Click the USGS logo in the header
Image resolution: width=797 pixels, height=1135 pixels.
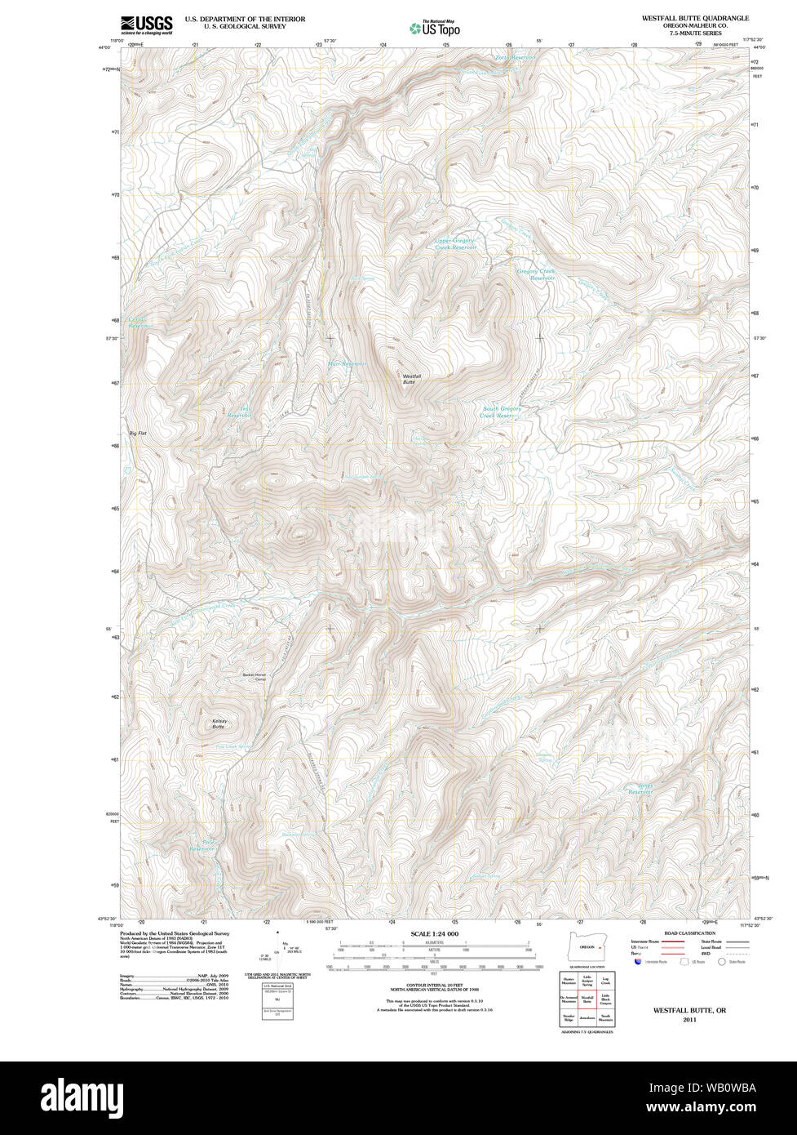pyautogui.click(x=147, y=24)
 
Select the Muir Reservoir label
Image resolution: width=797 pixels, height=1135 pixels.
pyautogui.click(x=348, y=363)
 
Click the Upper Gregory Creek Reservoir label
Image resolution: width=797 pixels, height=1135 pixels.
pyautogui.click(x=454, y=244)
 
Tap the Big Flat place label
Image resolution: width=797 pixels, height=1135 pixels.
pyautogui.click(x=137, y=433)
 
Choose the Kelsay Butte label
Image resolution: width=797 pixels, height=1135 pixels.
pyautogui.click(x=219, y=723)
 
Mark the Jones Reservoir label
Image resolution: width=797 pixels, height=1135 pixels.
pyautogui.click(x=640, y=790)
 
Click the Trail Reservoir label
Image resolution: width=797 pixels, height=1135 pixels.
pyautogui.click(x=239, y=412)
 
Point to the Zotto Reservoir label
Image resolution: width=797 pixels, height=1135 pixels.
pyautogui.click(x=515, y=57)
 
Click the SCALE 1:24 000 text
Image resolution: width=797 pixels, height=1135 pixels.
pyautogui.click(x=434, y=934)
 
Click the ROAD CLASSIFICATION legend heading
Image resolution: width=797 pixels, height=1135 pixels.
pyautogui.click(x=689, y=933)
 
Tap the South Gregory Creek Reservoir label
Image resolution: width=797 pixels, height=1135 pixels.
pyautogui.click(x=501, y=412)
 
